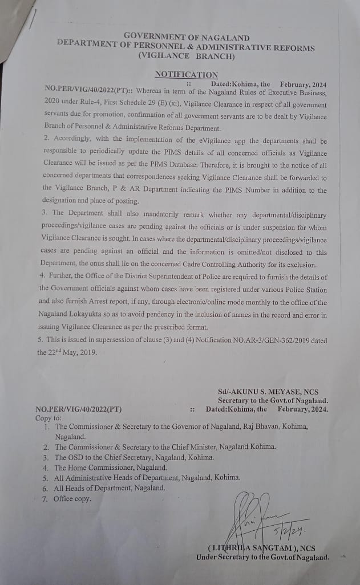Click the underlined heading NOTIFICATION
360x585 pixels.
(186, 75)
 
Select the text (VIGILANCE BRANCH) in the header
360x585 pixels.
(186, 56)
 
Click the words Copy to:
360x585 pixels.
(49, 417)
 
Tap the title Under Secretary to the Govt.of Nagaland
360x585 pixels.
(262, 557)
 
